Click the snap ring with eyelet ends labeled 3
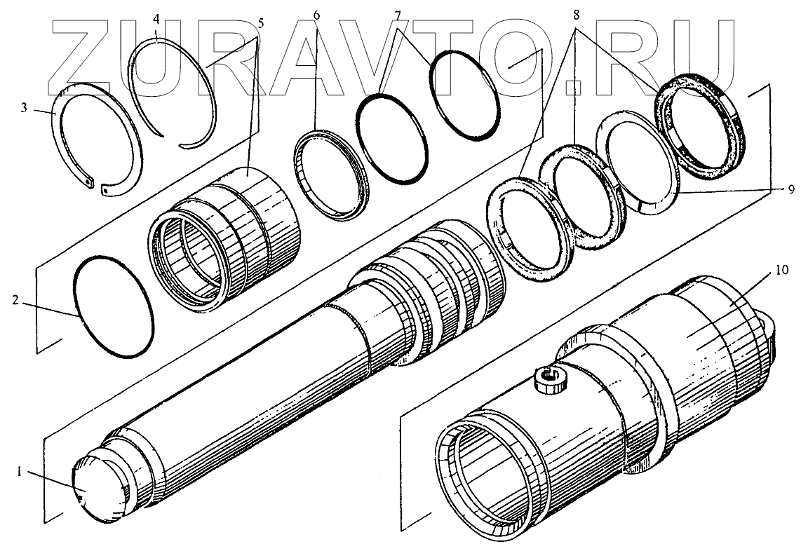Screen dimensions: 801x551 point(99,140)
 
